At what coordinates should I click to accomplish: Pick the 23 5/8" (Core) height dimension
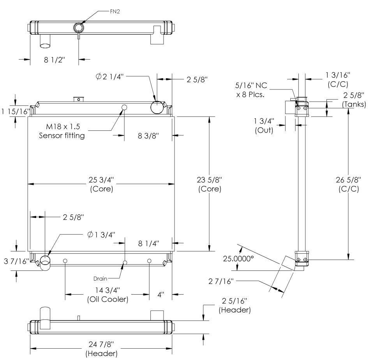click(x=210, y=184)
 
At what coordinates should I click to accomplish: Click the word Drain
click(x=100, y=279)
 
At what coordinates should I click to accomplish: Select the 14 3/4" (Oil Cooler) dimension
click(x=107, y=295)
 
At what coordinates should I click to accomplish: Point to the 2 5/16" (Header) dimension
click(x=235, y=306)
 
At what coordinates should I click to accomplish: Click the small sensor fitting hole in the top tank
click(x=125, y=107)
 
